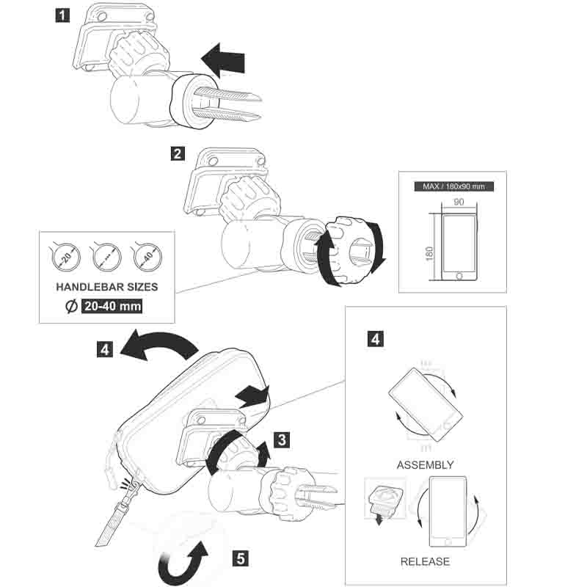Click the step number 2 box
177,154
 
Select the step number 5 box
239,558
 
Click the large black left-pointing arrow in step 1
225,59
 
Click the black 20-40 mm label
112,307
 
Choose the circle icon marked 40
147,256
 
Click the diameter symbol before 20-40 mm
70,307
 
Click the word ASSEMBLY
425,464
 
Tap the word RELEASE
425,562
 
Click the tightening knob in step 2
353,249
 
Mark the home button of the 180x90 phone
460,276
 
